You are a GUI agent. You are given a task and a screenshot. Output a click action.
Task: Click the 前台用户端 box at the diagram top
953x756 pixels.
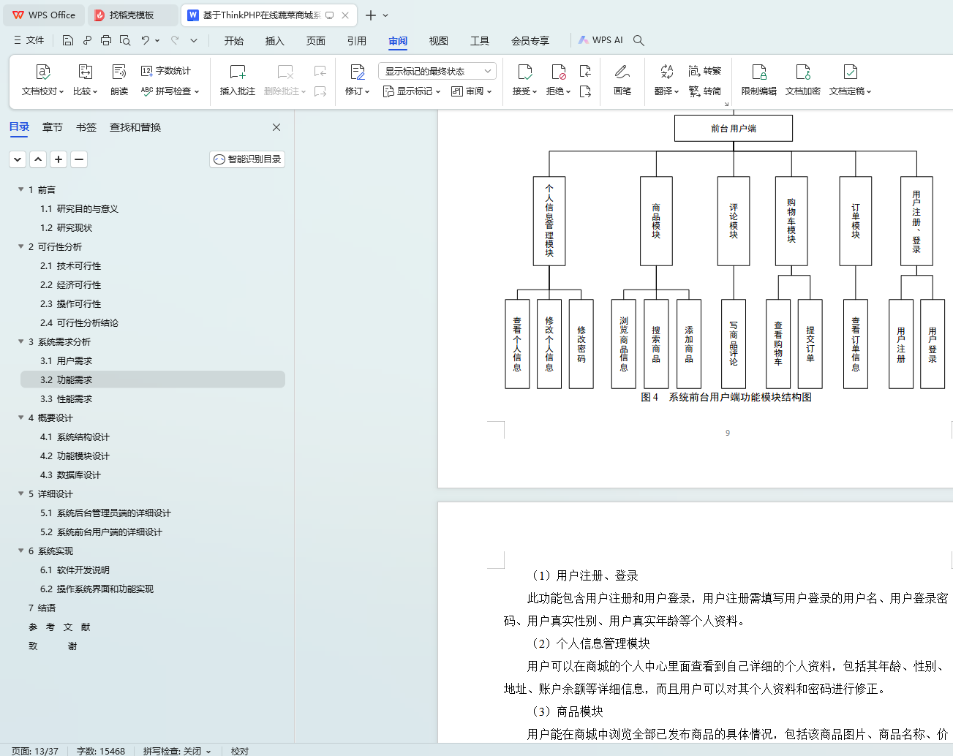(x=734, y=129)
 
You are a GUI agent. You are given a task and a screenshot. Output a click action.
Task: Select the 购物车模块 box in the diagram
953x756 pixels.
(x=791, y=221)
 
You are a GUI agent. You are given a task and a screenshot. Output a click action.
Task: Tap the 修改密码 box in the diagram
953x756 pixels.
(x=581, y=344)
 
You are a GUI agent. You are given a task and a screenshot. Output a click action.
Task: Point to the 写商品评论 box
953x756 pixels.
(x=734, y=344)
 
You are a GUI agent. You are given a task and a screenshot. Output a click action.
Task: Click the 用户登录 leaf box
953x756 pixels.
(x=933, y=344)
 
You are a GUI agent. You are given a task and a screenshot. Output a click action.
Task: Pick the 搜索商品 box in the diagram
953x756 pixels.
(x=656, y=344)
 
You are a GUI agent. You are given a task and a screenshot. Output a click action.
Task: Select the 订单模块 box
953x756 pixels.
(x=856, y=221)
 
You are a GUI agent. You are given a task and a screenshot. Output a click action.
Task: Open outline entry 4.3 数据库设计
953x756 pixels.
(x=70, y=475)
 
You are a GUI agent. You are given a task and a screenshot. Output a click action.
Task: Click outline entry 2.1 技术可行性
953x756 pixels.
(x=70, y=265)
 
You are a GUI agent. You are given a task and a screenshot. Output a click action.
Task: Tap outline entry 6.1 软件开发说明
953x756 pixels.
(x=75, y=570)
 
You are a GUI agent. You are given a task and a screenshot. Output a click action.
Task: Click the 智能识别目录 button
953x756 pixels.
(x=247, y=159)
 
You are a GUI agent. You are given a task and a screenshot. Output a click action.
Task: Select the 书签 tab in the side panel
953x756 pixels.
(x=86, y=127)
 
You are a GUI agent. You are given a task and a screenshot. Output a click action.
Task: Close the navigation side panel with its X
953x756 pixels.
(x=276, y=127)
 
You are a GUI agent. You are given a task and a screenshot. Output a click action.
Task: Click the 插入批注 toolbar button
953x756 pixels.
(x=238, y=80)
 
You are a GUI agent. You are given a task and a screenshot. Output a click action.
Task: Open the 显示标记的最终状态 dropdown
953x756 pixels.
(x=437, y=71)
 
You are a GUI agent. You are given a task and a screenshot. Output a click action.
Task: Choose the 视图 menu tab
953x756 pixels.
(x=438, y=41)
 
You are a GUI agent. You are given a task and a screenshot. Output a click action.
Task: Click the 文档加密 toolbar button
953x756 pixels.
(x=802, y=80)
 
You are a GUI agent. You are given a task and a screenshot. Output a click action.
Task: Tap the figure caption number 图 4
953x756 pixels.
(x=649, y=397)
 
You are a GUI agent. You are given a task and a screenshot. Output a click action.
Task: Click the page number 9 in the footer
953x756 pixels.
(x=728, y=433)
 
